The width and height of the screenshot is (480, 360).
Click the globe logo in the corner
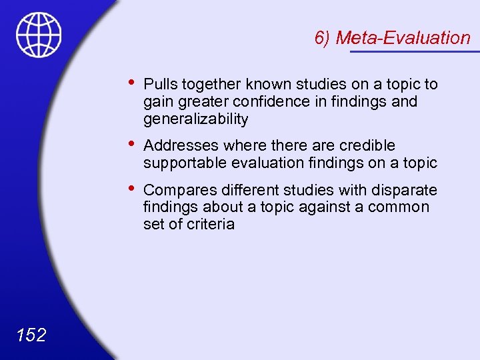39,35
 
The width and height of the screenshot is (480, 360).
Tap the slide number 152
31,335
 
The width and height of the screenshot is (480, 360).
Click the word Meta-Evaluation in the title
403,38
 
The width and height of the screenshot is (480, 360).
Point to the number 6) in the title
323,38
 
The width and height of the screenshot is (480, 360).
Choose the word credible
367,145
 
